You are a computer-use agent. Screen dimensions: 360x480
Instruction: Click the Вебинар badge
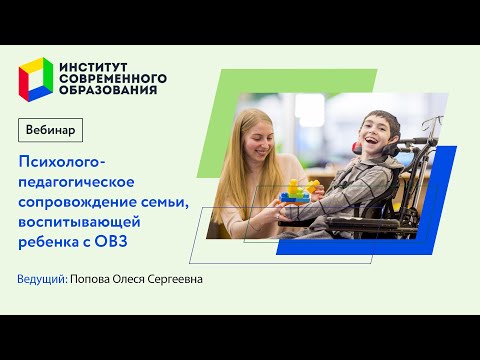51,131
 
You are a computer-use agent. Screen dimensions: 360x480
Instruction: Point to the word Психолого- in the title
61,160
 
